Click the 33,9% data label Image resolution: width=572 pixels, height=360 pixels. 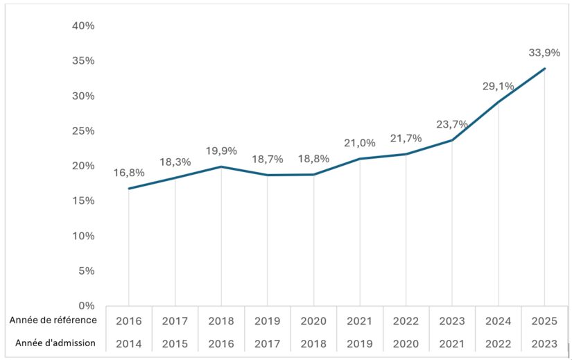544,53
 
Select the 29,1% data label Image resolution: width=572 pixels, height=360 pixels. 498,86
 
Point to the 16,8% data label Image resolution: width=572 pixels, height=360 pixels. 128,173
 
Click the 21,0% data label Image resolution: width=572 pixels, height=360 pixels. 359,143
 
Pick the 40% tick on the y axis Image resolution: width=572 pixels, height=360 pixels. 83,26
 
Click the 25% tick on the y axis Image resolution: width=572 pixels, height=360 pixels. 83,130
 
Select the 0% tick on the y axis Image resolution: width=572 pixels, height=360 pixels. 86,305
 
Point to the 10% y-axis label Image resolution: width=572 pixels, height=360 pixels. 83,236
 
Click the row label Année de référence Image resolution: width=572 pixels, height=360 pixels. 53,320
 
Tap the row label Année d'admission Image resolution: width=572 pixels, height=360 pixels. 53,343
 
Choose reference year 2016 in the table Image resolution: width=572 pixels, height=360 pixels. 129,321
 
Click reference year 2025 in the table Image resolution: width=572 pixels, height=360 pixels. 544,321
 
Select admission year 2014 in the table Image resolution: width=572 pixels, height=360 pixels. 129,343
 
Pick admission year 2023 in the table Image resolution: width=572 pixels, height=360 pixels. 544,343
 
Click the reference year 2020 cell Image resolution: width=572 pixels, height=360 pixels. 313,321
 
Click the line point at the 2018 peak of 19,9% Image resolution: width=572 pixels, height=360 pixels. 221,166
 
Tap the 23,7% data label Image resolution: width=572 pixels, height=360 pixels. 452,125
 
